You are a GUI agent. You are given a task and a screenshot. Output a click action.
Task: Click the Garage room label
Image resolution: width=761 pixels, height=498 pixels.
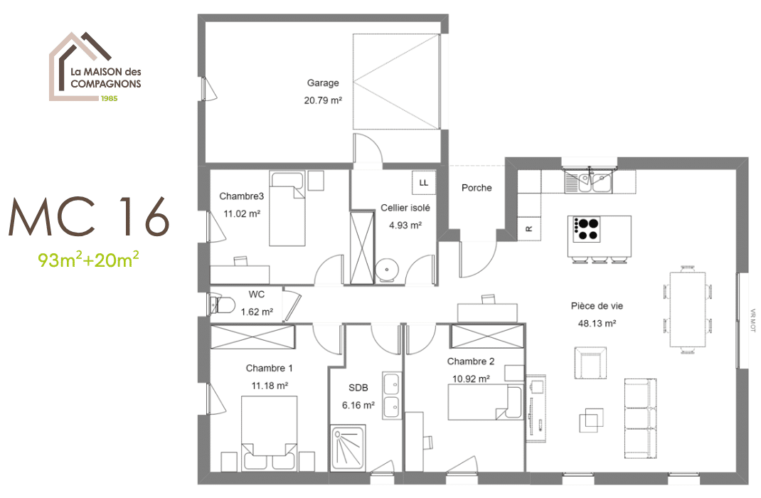(323, 83)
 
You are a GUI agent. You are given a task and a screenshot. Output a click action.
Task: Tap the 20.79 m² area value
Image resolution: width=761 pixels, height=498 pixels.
(323, 100)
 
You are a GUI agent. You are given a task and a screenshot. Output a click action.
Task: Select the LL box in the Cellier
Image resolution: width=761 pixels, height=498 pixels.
(424, 183)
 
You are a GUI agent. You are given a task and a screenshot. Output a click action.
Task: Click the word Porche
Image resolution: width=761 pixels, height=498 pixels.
(476, 188)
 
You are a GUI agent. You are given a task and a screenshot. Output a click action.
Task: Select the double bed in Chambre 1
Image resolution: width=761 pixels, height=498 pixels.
(269, 433)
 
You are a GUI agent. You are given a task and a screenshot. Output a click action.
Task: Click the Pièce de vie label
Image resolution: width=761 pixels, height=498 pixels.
(597, 306)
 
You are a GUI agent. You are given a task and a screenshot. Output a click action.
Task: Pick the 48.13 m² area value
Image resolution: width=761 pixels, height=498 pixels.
(597, 323)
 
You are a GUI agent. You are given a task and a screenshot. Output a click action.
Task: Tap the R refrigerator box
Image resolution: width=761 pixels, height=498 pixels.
(529, 228)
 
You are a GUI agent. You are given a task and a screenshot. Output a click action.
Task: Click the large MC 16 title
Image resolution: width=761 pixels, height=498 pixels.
(89, 216)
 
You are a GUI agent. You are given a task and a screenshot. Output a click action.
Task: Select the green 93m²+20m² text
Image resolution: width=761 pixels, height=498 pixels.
(89, 260)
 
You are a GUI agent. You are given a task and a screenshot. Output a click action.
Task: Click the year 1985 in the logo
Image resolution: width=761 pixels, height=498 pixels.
(110, 98)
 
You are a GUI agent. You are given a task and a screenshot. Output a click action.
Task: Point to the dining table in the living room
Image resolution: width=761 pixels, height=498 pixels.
(687, 309)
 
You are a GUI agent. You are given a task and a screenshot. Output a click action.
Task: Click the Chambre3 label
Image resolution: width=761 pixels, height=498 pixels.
(241, 196)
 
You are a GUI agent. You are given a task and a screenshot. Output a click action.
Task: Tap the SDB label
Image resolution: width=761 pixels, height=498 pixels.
(358, 388)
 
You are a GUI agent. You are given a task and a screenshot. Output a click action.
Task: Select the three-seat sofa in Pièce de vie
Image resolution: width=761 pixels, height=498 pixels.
(640, 418)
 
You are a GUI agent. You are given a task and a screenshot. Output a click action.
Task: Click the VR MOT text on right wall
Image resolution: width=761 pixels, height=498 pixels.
(753, 320)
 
